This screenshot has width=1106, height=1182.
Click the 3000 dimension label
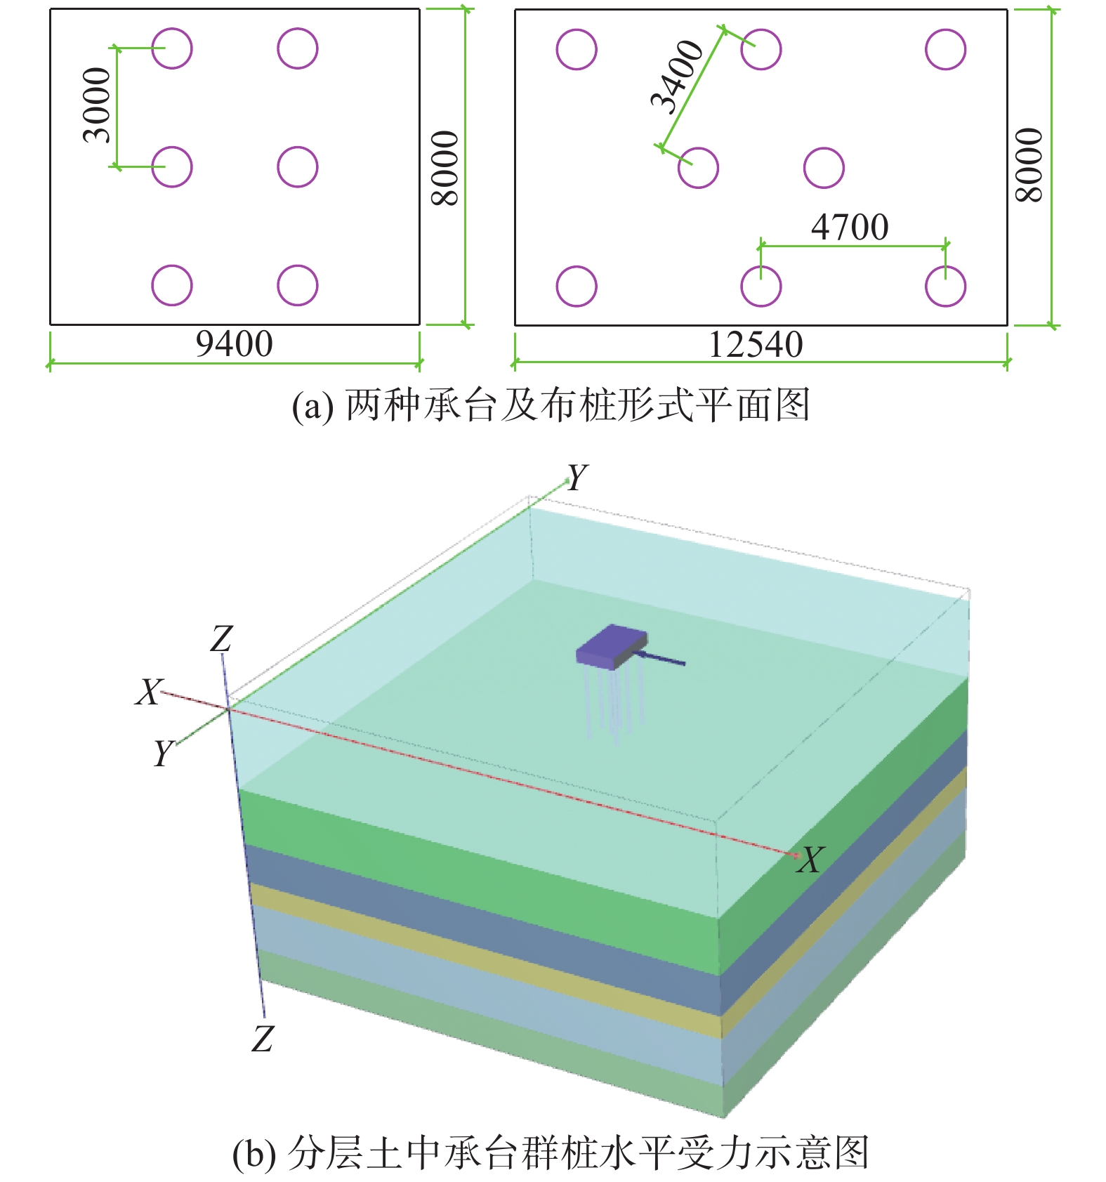click(98, 105)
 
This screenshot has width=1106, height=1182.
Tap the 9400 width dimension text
click(234, 344)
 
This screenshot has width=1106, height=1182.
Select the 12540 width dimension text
click(755, 345)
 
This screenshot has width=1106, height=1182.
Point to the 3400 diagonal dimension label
click(676, 77)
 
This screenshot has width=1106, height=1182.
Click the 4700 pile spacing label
click(850, 228)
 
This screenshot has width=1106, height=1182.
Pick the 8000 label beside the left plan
click(445, 168)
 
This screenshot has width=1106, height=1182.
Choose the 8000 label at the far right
click(1030, 165)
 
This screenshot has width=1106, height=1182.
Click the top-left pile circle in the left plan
click(172, 48)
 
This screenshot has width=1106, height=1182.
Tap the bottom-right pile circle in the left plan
click(298, 285)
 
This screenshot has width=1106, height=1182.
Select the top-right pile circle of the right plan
click(945, 50)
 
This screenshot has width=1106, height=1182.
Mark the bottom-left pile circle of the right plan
click(577, 287)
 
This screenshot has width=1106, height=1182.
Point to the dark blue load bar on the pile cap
click(664, 659)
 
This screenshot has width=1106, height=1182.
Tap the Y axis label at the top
click(577, 478)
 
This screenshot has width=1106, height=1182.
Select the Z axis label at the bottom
click(263, 1038)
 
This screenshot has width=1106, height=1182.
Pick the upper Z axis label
click(221, 639)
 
